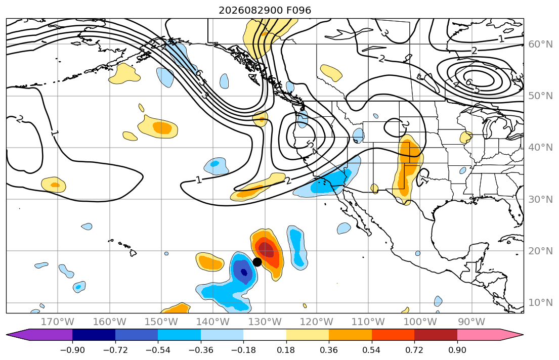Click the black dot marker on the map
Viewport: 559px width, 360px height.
[x=257, y=262]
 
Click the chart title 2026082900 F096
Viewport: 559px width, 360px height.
[x=265, y=10]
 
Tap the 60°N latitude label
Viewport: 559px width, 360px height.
[x=540, y=44]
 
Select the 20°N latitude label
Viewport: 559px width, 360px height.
[x=540, y=251]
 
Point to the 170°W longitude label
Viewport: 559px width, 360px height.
[x=58, y=322]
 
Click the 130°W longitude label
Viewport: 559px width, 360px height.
[x=265, y=322]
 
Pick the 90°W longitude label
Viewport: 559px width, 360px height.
[x=471, y=322]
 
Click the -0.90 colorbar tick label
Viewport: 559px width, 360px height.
[x=72, y=350]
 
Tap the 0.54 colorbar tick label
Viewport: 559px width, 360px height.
[x=371, y=350]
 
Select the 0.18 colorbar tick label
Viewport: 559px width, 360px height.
[x=286, y=350]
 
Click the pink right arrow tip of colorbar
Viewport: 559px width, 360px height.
[x=523, y=335]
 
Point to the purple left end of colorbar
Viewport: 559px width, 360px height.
[x=7, y=335]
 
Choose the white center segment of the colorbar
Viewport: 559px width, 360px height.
[x=265, y=335]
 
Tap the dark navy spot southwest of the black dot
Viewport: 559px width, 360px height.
[x=244, y=273]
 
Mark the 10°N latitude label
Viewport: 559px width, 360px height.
[x=540, y=303]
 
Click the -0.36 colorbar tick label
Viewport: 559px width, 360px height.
[x=201, y=350]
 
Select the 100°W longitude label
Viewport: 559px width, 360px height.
[x=420, y=322]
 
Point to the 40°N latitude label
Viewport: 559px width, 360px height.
[x=540, y=148]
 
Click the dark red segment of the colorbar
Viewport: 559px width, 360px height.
[x=436, y=335]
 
